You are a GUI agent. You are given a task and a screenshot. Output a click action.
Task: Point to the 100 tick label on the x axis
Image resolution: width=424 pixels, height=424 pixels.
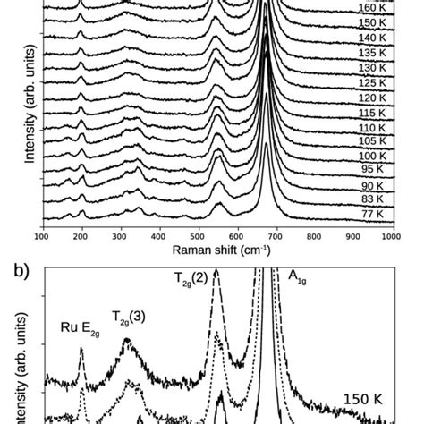tap(42, 236)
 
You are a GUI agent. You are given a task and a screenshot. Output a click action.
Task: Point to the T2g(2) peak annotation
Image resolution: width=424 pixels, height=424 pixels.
tap(192, 277)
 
